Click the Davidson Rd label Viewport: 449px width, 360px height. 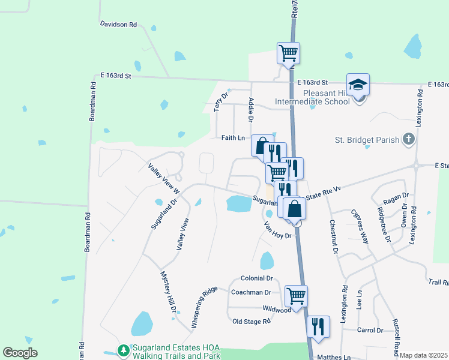[x=119, y=25]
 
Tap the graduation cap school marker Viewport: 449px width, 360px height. [x=358, y=85]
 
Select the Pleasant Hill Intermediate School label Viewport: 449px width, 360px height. [x=312, y=97]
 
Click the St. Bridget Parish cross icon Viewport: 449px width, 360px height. [x=408, y=140]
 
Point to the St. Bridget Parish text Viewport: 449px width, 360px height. [x=367, y=140]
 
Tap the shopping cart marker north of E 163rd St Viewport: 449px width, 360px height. [x=289, y=53]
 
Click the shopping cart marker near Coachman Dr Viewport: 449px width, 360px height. [x=296, y=296]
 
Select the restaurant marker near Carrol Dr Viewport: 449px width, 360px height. [x=318, y=326]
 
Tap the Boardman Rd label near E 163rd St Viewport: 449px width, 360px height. [x=92, y=99]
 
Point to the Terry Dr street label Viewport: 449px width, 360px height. [x=222, y=103]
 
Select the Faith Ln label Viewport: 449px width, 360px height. [x=233, y=138]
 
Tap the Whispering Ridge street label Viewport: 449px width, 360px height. [x=204, y=307]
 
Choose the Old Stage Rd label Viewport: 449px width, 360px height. [x=252, y=322]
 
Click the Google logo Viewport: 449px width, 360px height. [x=20, y=353]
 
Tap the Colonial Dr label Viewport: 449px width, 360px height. [x=256, y=278]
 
